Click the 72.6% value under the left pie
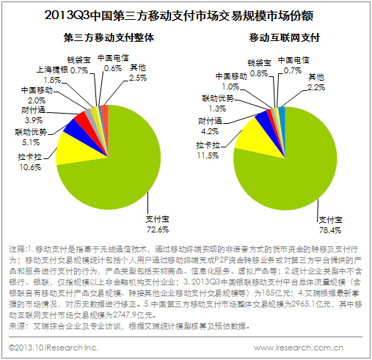point(158,229)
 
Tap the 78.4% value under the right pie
point(330,230)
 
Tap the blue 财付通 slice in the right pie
point(265,119)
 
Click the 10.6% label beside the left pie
point(30,167)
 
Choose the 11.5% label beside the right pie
point(208,155)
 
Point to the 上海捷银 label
point(52,70)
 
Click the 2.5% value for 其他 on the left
point(138,78)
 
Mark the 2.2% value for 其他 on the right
point(316,87)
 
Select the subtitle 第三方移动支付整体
point(109,37)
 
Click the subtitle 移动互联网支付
point(285,37)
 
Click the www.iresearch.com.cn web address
point(299,348)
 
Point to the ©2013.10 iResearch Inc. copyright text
point(54,348)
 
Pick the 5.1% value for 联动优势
point(31,142)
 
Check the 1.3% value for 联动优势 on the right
point(217,109)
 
